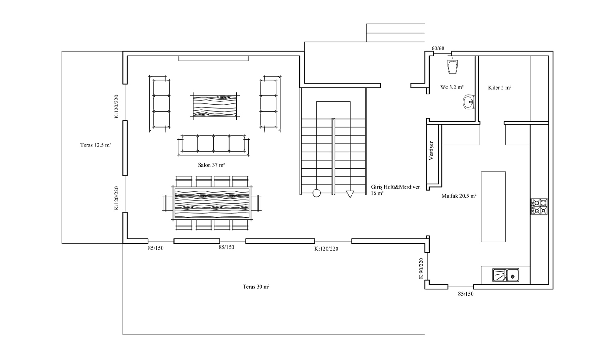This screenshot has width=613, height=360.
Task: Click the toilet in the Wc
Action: click(452, 65)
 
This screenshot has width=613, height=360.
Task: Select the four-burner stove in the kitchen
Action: click(539, 206)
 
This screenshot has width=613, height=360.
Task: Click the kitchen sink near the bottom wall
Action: click(506, 275)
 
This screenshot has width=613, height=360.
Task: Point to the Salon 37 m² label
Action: click(211, 165)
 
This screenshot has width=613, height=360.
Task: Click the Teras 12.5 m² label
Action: click(95, 145)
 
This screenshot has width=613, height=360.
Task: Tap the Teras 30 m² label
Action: click(256, 287)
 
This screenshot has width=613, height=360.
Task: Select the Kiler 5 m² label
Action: click(500, 87)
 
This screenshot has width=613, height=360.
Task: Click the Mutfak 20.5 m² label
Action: click(459, 196)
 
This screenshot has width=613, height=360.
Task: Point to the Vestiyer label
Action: click(431, 151)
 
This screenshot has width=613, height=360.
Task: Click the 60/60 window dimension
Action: click(438, 49)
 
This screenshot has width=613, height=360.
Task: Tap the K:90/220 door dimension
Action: click(421, 268)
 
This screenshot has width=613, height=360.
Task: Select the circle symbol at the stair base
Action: click(316, 193)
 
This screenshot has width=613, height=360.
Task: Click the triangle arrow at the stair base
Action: click(350, 194)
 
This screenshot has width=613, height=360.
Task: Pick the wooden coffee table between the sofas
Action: click(215, 106)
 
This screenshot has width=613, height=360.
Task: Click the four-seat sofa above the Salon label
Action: click(213, 145)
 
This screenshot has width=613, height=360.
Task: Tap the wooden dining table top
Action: click(212, 203)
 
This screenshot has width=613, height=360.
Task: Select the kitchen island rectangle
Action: click(494, 207)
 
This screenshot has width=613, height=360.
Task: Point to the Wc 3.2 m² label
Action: click(452, 87)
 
